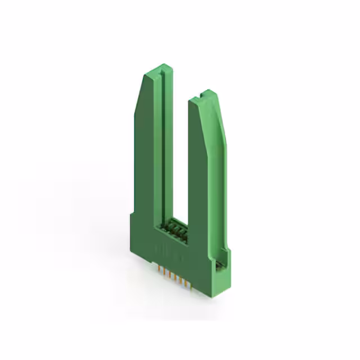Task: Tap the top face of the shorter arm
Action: tap(204, 96)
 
